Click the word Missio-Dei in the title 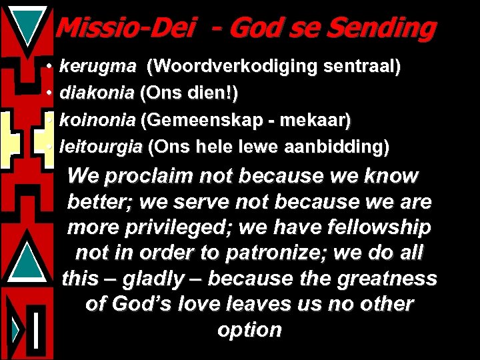click(x=125, y=28)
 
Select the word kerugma click(x=98, y=67)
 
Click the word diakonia click(x=97, y=93)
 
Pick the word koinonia click(x=98, y=120)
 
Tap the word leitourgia click(x=101, y=147)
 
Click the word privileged click(x=163, y=227)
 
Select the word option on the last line click(x=250, y=330)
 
